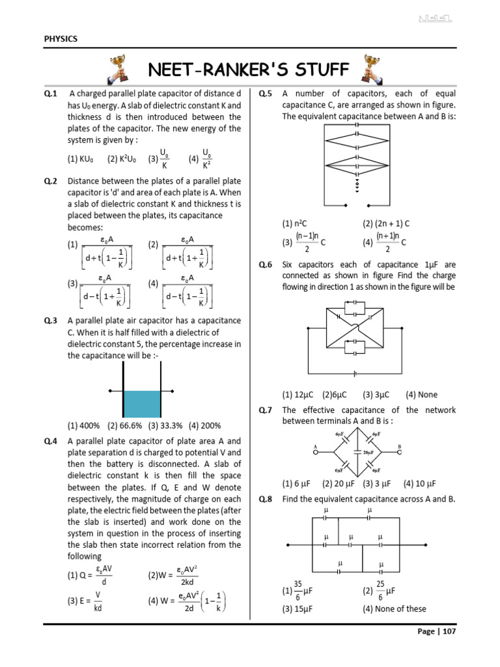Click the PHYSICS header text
click(x=61, y=39)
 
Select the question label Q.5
click(x=266, y=94)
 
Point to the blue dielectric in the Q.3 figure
click(x=141, y=404)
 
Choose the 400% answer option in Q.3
click(x=85, y=426)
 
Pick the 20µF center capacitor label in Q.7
click(x=369, y=452)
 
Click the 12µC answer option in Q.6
click(x=298, y=395)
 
